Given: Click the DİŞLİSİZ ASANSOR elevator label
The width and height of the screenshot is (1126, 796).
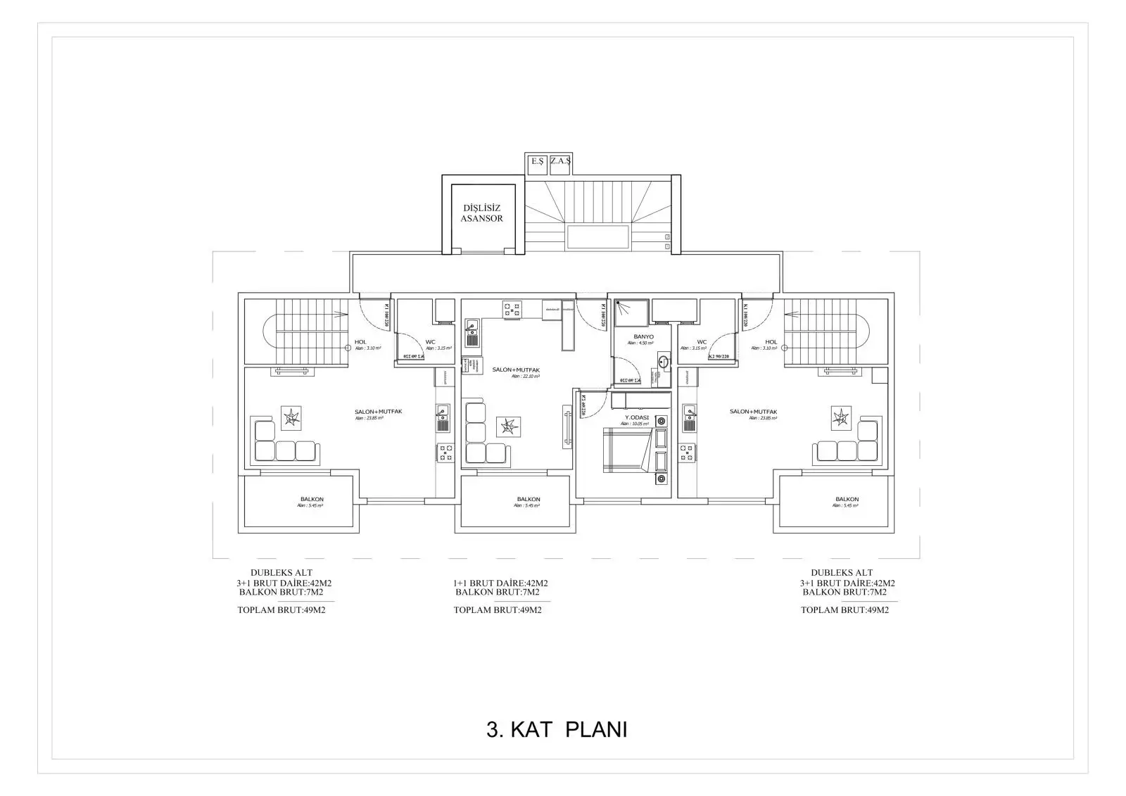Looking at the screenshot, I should (482, 213).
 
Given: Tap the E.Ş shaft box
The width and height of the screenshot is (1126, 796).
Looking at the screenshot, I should (538, 163).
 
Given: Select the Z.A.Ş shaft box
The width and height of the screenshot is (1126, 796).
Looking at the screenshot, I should (561, 163).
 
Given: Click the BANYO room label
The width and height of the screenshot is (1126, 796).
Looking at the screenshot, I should (643, 337).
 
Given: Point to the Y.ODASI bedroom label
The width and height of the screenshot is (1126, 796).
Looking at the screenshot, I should (636, 418).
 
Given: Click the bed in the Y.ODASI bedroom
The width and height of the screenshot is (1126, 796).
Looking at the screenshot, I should (624, 451).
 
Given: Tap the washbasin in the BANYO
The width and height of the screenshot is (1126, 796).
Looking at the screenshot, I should (663, 362).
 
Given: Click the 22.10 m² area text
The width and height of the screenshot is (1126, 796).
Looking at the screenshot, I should (525, 377).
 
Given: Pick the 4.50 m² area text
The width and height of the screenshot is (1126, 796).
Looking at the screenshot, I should (640, 343).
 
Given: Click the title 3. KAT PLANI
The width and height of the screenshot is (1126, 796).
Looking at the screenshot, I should (556, 730).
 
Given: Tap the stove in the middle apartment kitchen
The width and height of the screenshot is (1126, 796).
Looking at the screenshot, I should (512, 310).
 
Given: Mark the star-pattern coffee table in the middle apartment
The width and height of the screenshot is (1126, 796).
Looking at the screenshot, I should (508, 427).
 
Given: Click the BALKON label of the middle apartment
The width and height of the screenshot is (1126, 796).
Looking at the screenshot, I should (528, 499).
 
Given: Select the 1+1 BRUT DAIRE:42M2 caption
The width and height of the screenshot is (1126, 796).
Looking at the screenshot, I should (500, 583).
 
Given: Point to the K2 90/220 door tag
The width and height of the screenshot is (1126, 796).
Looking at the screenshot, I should (720, 357).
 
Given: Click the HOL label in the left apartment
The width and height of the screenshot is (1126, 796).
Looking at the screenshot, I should (360, 342).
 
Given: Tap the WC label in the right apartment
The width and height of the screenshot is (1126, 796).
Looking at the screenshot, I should (702, 342).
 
